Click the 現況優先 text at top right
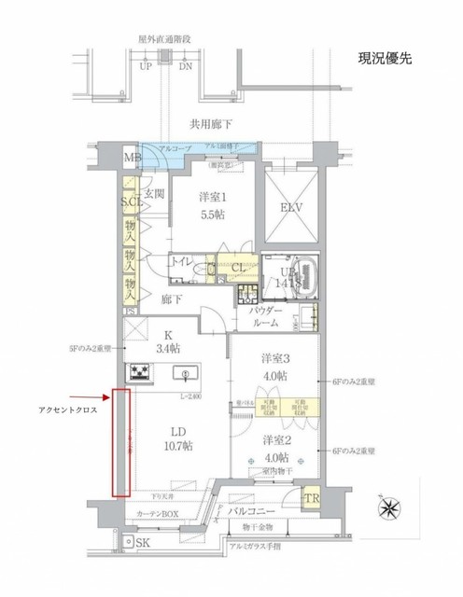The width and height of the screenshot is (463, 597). (385, 59)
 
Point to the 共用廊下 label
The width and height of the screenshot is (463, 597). (212, 121)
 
